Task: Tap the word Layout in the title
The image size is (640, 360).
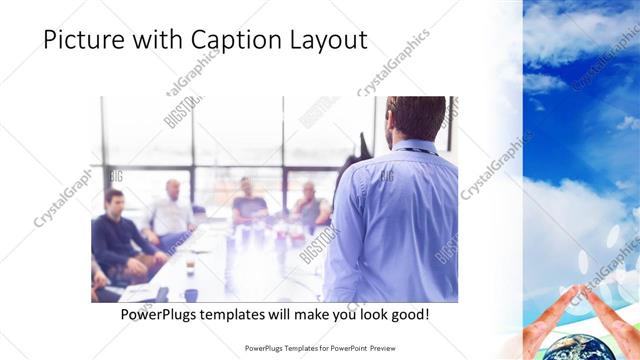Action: [x=327, y=40]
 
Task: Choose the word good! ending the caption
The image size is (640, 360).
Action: [x=407, y=314]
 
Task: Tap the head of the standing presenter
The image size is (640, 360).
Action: [x=414, y=118]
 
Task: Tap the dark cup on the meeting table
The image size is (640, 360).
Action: [x=190, y=295]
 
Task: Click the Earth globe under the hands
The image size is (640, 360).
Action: [x=591, y=347]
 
